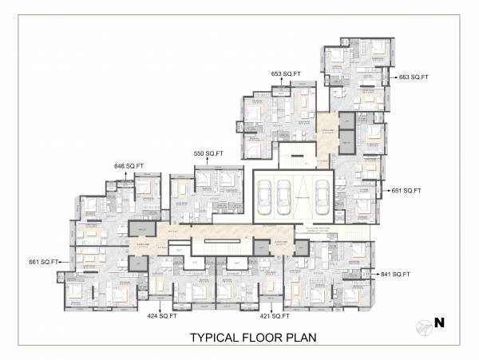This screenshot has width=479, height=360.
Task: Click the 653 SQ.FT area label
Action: pyautogui.click(x=286, y=73)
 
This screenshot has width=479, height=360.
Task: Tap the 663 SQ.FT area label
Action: pyautogui.click(x=414, y=77)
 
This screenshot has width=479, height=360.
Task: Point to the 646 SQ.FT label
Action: pyautogui.click(x=129, y=166)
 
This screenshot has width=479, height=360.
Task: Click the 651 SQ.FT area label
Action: pyautogui.click(x=406, y=191)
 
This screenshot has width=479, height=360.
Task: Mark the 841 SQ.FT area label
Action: pyautogui.click(x=396, y=274)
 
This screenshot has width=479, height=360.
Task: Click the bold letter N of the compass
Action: pyautogui.click(x=438, y=324)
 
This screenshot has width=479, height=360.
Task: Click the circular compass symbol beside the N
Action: pyautogui.click(x=423, y=325)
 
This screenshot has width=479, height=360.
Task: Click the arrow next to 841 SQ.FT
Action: pyautogui.click(x=372, y=274)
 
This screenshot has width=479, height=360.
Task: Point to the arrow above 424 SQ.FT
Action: pyautogui.click(x=162, y=307)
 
